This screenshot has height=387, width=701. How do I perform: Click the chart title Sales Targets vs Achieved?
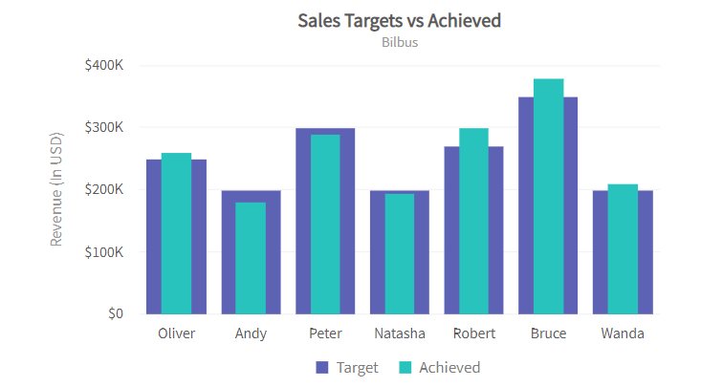tap(399, 20)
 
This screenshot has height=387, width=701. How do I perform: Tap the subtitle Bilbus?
tap(399, 42)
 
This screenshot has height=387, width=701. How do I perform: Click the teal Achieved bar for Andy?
tap(251, 258)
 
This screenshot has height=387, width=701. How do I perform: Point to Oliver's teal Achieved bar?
tap(176, 233)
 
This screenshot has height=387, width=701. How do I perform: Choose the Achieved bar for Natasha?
tap(400, 253)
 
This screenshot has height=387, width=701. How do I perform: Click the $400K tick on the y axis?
tap(103, 65)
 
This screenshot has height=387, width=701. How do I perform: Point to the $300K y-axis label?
tap(103, 127)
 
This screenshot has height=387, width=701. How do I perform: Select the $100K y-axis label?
tap(103, 252)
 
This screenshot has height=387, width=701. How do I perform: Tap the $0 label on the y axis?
tap(115, 313)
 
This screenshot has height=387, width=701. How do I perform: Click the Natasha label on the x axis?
tap(400, 333)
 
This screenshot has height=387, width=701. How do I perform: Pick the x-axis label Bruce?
tap(548, 333)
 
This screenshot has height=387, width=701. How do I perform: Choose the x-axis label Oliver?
tap(176, 333)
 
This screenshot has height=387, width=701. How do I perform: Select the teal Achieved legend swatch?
tap(405, 368)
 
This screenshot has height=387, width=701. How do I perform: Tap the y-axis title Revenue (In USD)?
tap(56, 189)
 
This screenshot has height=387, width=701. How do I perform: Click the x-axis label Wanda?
tap(623, 333)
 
